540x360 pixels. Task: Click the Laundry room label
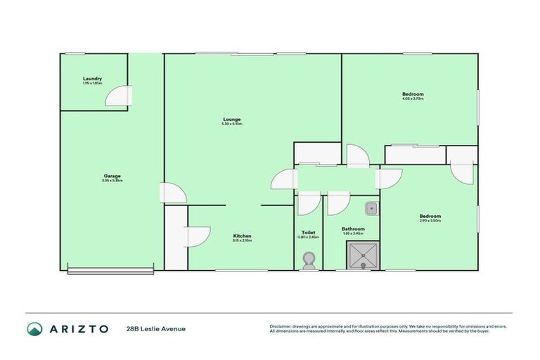pyautogui.click(x=93, y=78)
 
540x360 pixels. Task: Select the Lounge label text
pyautogui.click(x=231, y=119)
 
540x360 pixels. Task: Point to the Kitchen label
pyautogui.click(x=242, y=236)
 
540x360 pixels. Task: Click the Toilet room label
pyautogui.click(x=308, y=232)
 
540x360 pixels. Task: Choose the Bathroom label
pyautogui.click(x=353, y=229)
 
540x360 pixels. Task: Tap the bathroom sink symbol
pyautogui.click(x=372, y=208)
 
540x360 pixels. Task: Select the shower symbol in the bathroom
pyautogui.click(x=362, y=255)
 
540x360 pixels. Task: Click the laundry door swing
pyautogui.click(x=120, y=96)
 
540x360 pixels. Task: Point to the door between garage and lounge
pyautogui.click(x=174, y=193)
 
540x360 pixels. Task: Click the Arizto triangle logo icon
pyautogui.click(x=35, y=328)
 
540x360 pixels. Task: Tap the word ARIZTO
pyautogui.click(x=79, y=328)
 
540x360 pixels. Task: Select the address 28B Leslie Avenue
pyautogui.click(x=155, y=328)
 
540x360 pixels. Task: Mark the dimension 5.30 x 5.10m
pyautogui.click(x=231, y=124)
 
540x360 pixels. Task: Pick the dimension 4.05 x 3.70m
pyautogui.click(x=413, y=98)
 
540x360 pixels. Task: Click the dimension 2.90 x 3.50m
pyautogui.click(x=430, y=221)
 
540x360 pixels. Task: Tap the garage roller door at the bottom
pyautogui.click(x=110, y=268)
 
